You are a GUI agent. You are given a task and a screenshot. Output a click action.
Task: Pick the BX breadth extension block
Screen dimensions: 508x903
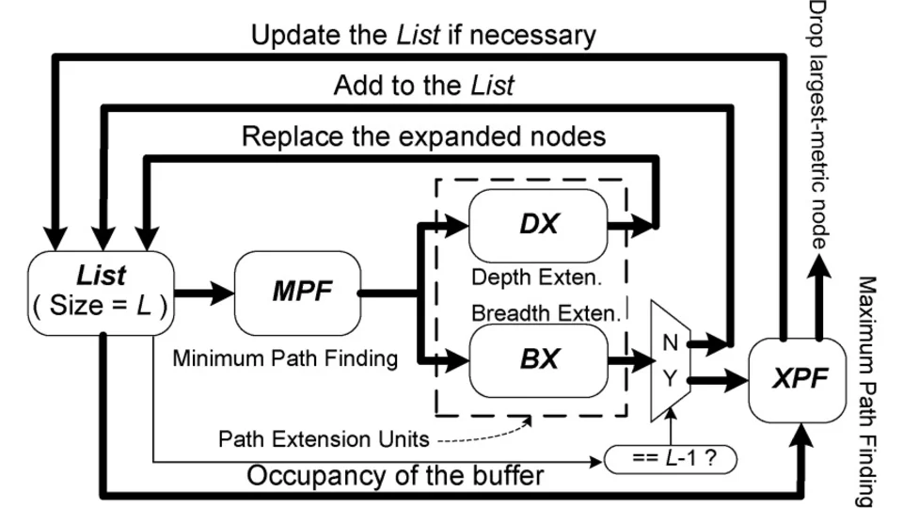(x=537, y=358)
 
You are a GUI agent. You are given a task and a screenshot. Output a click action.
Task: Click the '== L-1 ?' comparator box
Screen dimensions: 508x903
(x=671, y=461)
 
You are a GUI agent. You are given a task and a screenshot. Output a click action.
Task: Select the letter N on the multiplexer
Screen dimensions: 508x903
(x=670, y=343)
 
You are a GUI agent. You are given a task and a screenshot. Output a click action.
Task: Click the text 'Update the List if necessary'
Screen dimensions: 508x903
(x=423, y=37)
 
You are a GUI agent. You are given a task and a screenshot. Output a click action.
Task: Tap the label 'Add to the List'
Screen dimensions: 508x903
(x=423, y=86)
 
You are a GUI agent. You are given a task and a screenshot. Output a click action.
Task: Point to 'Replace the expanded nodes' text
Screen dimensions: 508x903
(x=423, y=135)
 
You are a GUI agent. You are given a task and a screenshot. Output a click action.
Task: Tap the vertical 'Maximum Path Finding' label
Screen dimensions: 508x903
(x=867, y=390)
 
